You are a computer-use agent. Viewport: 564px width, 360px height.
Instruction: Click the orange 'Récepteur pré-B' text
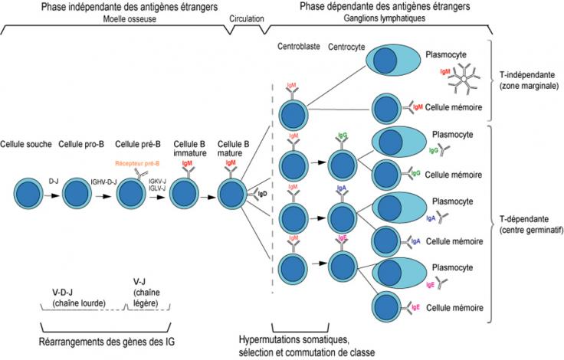pos(137,163)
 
